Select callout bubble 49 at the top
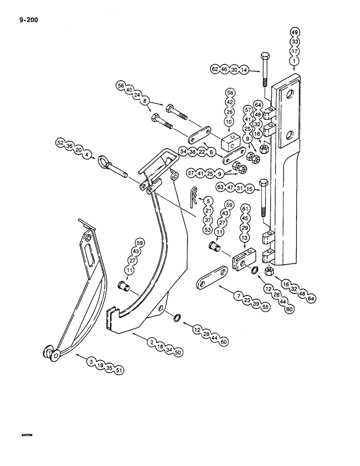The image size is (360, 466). [295, 33]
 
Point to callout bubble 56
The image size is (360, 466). [121, 86]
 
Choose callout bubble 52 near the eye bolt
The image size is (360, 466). [60, 143]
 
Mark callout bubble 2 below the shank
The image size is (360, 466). [152, 343]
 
